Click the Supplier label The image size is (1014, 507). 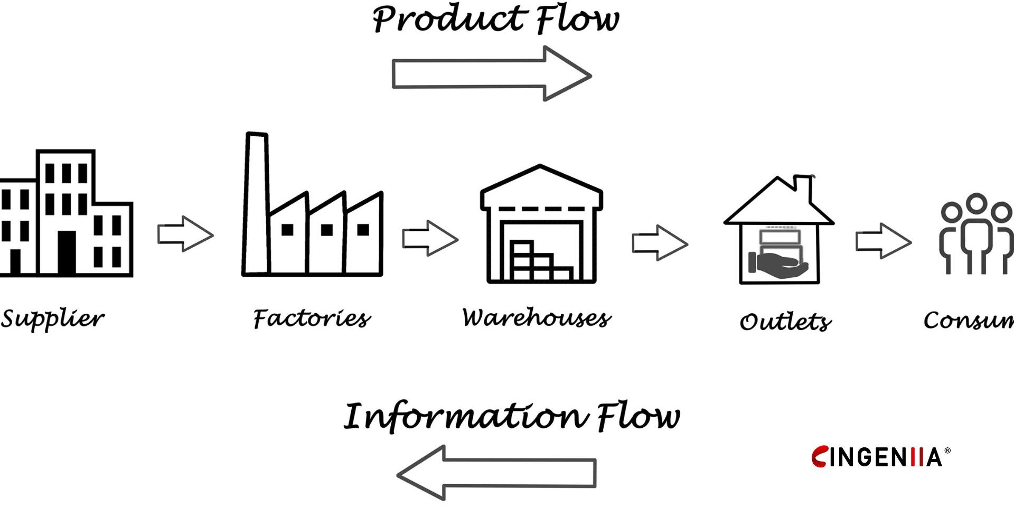[52, 318]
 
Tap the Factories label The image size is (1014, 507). [312, 318]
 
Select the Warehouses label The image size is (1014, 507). [537, 317]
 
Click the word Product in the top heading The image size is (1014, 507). [449, 20]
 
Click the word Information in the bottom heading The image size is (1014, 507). [465, 417]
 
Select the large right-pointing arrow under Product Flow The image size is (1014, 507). [491, 74]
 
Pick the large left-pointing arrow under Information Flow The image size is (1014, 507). [496, 473]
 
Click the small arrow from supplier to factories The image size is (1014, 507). [185, 233]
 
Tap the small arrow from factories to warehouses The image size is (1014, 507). [430, 239]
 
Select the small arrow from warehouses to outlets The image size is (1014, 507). [660, 243]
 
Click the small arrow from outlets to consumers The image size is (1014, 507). [883, 241]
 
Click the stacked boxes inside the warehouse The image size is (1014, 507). [539, 261]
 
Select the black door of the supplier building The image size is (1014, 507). [67, 252]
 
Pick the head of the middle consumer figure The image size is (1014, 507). [977, 203]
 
